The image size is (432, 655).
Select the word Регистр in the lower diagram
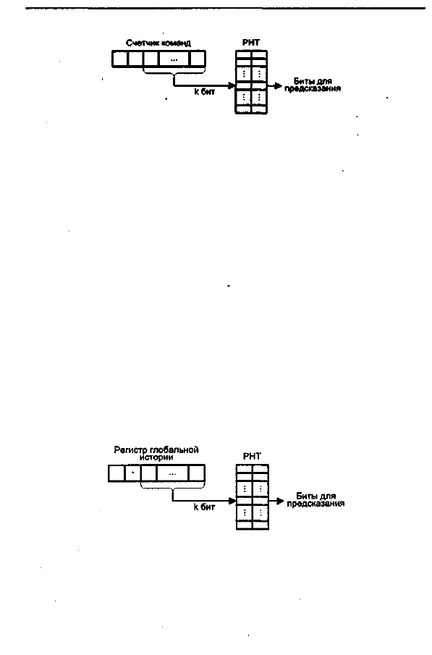pyautogui.click(x=128, y=450)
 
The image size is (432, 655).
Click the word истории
pyautogui.click(x=156, y=457)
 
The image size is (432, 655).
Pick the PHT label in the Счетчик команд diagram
pyautogui.click(x=250, y=43)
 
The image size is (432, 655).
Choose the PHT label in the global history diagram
pyautogui.click(x=252, y=457)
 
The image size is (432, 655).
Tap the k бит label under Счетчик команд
pyautogui.click(x=204, y=92)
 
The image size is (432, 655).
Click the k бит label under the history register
pyautogui.click(x=204, y=507)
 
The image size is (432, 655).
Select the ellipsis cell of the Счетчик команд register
pyautogui.click(x=174, y=59)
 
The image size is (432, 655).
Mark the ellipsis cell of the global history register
pyautogui.click(x=172, y=473)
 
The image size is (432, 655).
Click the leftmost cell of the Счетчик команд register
pyautogui.click(x=120, y=59)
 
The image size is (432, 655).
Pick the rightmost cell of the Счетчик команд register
pyautogui.click(x=198, y=59)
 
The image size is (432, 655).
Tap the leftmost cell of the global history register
pyautogui.click(x=117, y=473)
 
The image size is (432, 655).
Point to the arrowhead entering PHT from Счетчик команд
pyautogui.click(x=232, y=86)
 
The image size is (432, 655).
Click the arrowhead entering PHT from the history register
pyautogui.click(x=232, y=500)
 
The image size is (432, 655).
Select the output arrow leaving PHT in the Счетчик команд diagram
pyautogui.click(x=274, y=86)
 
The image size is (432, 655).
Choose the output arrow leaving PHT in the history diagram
pyautogui.click(x=276, y=500)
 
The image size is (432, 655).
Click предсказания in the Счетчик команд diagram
pyautogui.click(x=313, y=88)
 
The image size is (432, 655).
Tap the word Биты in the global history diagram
pyautogui.click(x=305, y=496)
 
